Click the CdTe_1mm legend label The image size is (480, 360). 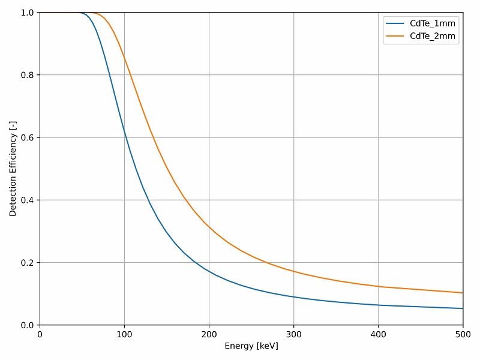click(433, 23)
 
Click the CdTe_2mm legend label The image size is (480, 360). click(433, 36)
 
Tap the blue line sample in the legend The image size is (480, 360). click(395, 23)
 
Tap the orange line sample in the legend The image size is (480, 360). click(395, 36)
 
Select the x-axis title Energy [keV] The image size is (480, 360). click(251, 346)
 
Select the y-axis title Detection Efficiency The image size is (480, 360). click(13, 169)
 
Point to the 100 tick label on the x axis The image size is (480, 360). click(124, 334)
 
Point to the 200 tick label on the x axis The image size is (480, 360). click(209, 334)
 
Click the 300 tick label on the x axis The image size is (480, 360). click(293, 334)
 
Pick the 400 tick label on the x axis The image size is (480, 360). click(378, 334)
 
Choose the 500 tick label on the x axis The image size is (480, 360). click(463, 334)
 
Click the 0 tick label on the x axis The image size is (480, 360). click(40, 334)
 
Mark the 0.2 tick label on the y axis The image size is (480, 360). click(26, 263)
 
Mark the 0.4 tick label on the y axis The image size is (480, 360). click(26, 200)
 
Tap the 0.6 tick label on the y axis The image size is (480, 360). click(26, 138)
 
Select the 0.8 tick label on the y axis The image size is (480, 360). click(26, 75)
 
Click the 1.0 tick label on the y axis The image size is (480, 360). click(26, 13)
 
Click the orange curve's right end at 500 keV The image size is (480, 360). click(463, 293)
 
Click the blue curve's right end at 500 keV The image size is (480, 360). click(463, 308)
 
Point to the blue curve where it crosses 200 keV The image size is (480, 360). click(209, 271)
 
